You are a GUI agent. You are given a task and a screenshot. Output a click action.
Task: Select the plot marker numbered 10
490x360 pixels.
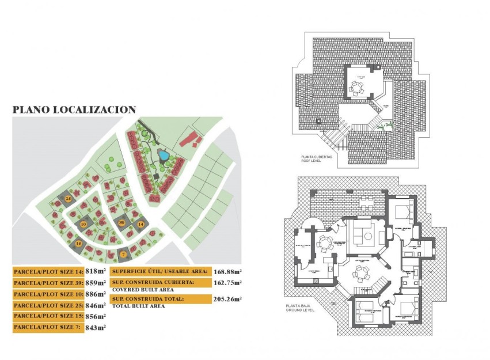[83, 223]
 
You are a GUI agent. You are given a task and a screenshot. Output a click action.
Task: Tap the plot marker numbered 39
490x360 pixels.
[121, 222]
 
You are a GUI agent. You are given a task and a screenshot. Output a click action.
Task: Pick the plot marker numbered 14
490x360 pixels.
[140, 223]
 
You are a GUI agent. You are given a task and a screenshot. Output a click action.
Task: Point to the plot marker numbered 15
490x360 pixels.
[79, 244]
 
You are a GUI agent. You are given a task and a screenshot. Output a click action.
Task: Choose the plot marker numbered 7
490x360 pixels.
[123, 253]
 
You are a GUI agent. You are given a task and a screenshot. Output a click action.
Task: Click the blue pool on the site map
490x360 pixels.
[163, 155]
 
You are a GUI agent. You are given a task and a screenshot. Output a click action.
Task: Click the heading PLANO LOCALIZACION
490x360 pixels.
[74, 109]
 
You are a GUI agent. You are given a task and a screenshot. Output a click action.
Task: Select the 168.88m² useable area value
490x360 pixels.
[227, 271]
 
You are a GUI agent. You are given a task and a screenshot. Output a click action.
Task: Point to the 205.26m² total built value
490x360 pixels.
[227, 299]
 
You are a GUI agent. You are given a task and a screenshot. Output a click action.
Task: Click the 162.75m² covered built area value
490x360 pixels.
[227, 283]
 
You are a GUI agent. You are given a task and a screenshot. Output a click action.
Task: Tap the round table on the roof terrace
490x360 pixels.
[358, 88]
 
